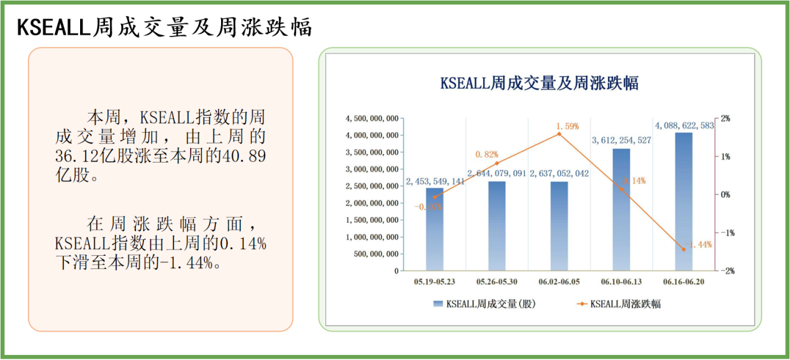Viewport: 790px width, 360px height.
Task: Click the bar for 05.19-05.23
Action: click(x=435, y=229)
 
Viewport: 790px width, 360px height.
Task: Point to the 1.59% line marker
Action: click(x=559, y=133)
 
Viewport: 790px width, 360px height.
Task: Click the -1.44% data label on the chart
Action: click(x=699, y=245)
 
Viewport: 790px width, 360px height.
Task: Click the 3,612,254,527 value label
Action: click(x=621, y=140)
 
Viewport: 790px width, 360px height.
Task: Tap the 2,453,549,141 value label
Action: click(x=435, y=181)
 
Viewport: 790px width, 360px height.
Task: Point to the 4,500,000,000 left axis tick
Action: click(x=372, y=118)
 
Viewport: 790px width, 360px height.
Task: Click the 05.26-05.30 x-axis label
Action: click(x=497, y=282)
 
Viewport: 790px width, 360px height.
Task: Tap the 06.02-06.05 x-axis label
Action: click(x=559, y=282)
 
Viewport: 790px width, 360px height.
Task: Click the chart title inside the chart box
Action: click(x=539, y=83)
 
